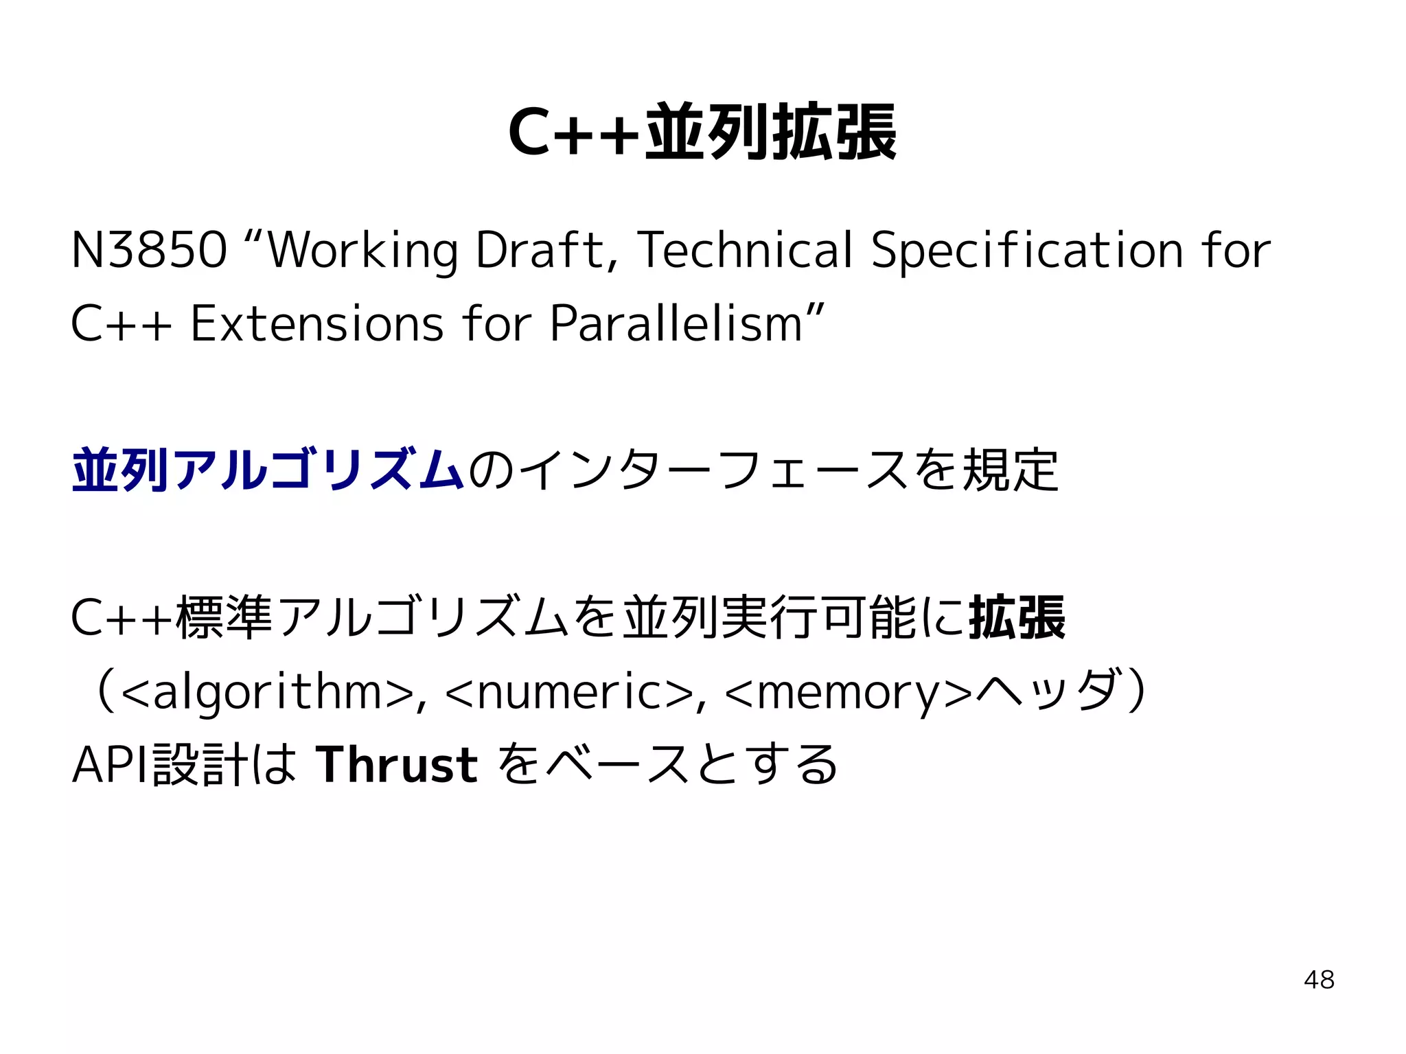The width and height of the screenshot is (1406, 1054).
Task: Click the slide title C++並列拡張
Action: pyautogui.click(x=702, y=132)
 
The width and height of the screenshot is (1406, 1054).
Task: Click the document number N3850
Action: pyautogui.click(x=149, y=250)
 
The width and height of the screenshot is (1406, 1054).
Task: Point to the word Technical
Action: pyautogui.click(x=746, y=250)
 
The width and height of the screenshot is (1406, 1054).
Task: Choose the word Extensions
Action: pyautogui.click(x=316, y=323)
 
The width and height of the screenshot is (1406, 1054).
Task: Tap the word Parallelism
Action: pyautogui.click(x=676, y=323)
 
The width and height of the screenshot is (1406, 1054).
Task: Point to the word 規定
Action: pyautogui.click(x=1011, y=470)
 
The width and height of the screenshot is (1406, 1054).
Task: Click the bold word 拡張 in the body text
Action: pyautogui.click(x=1017, y=618)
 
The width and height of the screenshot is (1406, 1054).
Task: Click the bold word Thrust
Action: pyautogui.click(x=397, y=765)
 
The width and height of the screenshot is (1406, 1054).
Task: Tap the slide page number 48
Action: pyautogui.click(x=1319, y=980)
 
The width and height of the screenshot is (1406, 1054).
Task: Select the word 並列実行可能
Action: pyautogui.click(x=770, y=618)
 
